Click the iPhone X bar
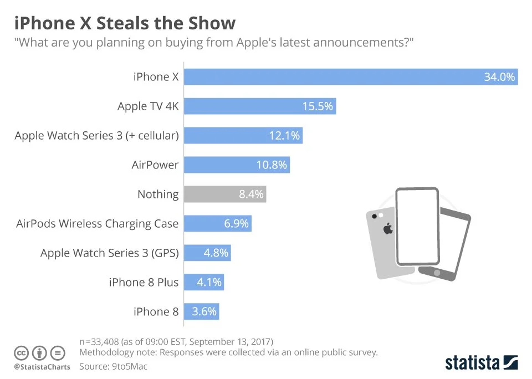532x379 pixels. pos(332,77)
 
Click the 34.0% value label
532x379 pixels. pos(499,77)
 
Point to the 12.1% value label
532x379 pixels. pos(284,136)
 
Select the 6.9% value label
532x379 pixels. pos(236,224)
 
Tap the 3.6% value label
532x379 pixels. pos(204,311)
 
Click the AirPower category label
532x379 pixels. pos(155,165)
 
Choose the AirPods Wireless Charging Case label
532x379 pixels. pos(98,224)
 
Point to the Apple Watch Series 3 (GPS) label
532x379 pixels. pos(110,253)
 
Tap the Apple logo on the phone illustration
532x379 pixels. pos(388,228)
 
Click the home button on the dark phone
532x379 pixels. pos(436,272)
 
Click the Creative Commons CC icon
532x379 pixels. pos(22,353)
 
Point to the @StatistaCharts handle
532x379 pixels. pos(42,367)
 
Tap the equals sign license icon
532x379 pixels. pos(57,353)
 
